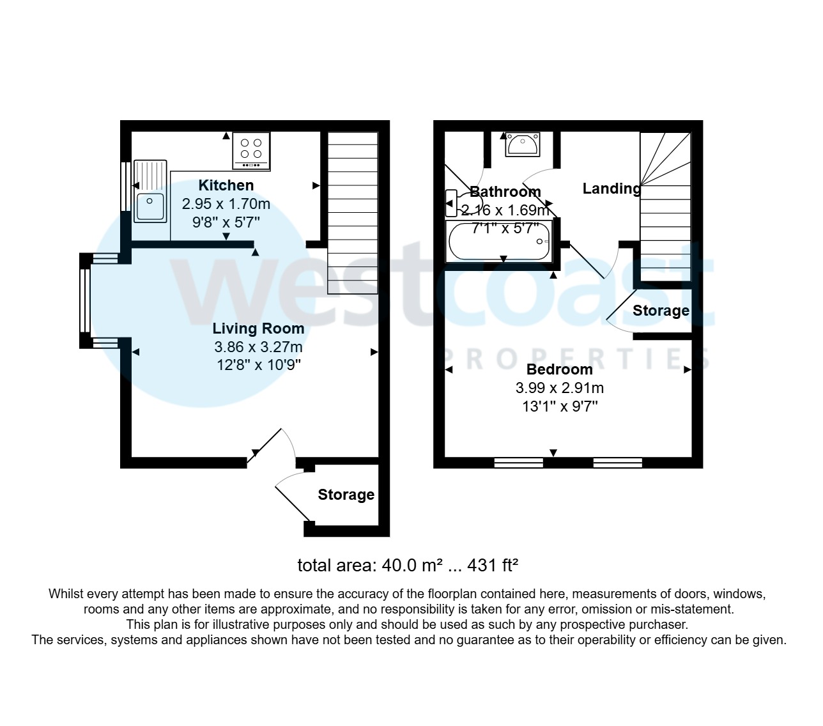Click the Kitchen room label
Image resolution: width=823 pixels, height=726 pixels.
[226, 185]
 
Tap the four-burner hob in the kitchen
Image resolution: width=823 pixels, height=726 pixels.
[251, 151]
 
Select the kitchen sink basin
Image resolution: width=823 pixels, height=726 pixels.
[150, 206]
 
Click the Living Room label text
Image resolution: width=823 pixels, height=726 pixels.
[258, 328]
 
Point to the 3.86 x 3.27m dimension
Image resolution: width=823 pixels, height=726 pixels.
[258, 347]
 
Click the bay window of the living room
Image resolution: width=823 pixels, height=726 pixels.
[84, 300]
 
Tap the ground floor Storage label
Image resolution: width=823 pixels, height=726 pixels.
[346, 495]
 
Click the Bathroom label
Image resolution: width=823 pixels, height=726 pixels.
[505, 192]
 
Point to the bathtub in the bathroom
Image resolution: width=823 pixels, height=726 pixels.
[499, 241]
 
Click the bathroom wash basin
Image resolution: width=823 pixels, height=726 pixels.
[523, 144]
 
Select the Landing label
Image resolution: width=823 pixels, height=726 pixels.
[611, 189]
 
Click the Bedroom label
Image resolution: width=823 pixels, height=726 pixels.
[559, 369]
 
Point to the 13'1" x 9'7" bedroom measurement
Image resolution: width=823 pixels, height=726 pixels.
[559, 406]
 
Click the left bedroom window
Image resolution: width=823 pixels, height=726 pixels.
[518, 462]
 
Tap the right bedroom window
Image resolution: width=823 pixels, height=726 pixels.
[617, 462]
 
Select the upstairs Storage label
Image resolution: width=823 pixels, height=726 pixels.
[661, 311]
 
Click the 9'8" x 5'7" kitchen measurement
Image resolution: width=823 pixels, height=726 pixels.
[226, 222]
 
